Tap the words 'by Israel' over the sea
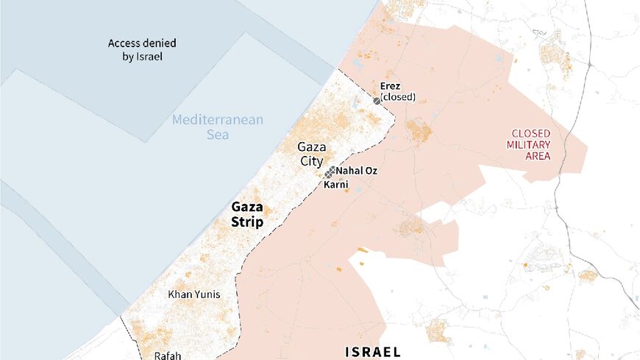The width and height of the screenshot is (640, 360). pos(142,57)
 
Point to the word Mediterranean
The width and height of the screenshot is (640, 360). pos(218,120)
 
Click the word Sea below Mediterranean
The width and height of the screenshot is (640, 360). pos(217,135)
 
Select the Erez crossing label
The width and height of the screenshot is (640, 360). pos(390,86)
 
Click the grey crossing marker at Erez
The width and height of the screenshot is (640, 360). pos(377,100)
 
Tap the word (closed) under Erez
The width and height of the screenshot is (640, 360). pos(398,97)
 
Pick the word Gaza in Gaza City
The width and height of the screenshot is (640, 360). pos(312,147)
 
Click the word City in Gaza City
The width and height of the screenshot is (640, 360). pos(312,161)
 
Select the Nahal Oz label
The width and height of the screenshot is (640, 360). pos(357,171)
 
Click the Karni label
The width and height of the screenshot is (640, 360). pos(336,184)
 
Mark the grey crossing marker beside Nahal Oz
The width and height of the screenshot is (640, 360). pos(330,174)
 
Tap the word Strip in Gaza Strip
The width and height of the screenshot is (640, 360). pos(247,222)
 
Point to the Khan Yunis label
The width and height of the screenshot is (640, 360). pos(194,294)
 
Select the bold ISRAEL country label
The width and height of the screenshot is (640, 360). pos(373,351)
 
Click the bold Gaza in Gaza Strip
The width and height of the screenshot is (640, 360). pos(247,207)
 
